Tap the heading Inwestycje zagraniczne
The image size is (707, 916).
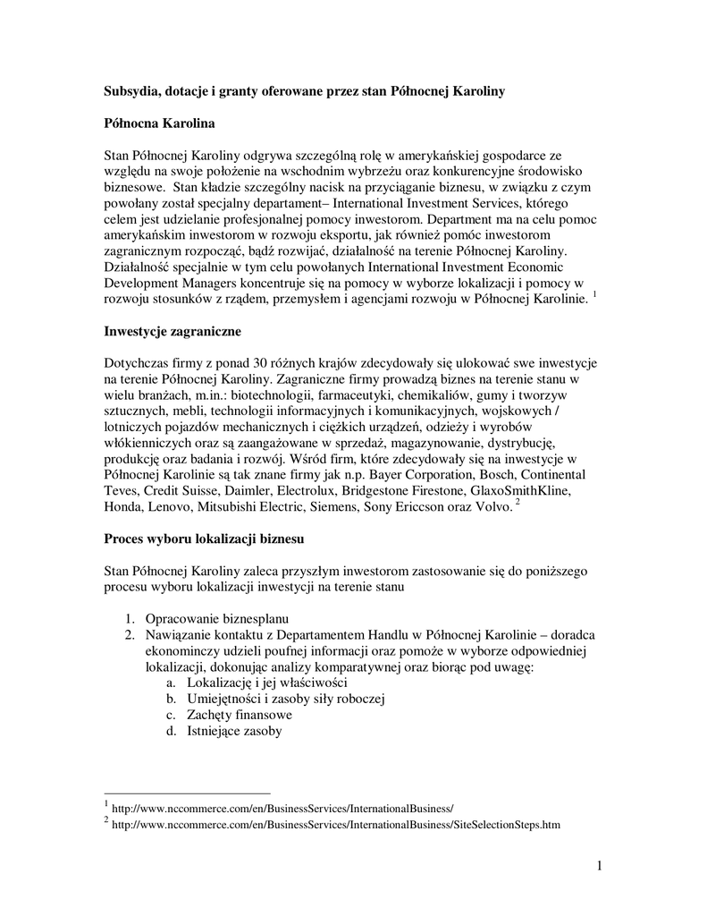173,333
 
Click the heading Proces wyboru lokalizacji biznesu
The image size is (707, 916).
205,539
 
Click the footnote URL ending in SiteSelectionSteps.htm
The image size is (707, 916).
336,825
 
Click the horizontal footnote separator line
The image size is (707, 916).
187,793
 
